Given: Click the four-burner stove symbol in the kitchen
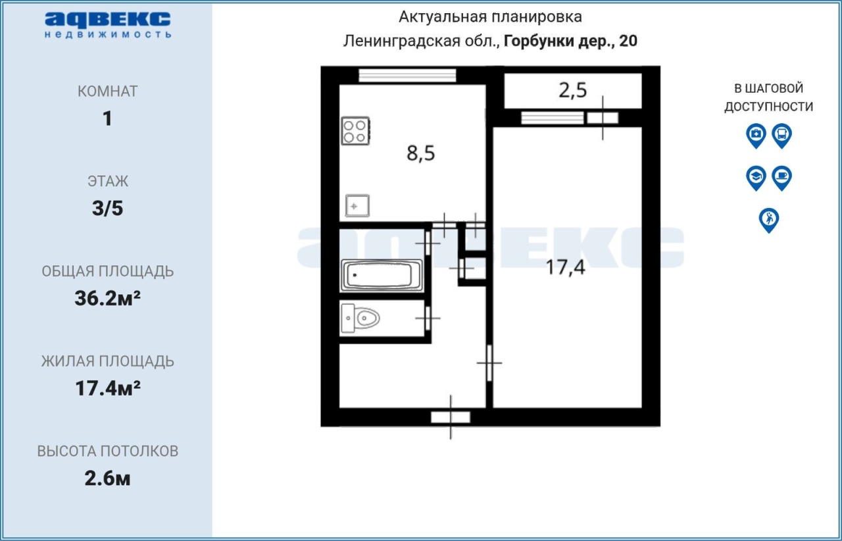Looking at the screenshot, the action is tap(356, 131).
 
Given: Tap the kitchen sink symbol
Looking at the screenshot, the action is tap(357, 206).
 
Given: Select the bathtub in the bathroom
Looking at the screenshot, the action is tap(382, 275).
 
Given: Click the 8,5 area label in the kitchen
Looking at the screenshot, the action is tap(420, 153).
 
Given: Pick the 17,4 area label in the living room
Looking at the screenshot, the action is tap(565, 267).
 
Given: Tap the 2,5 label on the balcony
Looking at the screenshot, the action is tap(572, 90).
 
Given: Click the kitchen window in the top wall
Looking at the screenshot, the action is tap(407, 75).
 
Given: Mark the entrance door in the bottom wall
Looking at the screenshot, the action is tap(451, 417).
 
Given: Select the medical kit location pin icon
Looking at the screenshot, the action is tap(756, 136).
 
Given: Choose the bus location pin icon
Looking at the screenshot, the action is tap(782, 136).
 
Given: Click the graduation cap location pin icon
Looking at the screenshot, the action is tap(756, 178).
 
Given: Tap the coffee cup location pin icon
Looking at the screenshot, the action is tap(782, 178).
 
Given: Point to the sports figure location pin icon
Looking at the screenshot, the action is tap(769, 220).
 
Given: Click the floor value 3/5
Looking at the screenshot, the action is tap(107, 209).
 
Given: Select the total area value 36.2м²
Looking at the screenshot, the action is tap(107, 298).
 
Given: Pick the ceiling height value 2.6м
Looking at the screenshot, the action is tap(107, 478).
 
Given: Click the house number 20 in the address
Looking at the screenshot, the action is tap(628, 41).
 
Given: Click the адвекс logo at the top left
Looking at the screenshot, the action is tap(107, 24).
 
